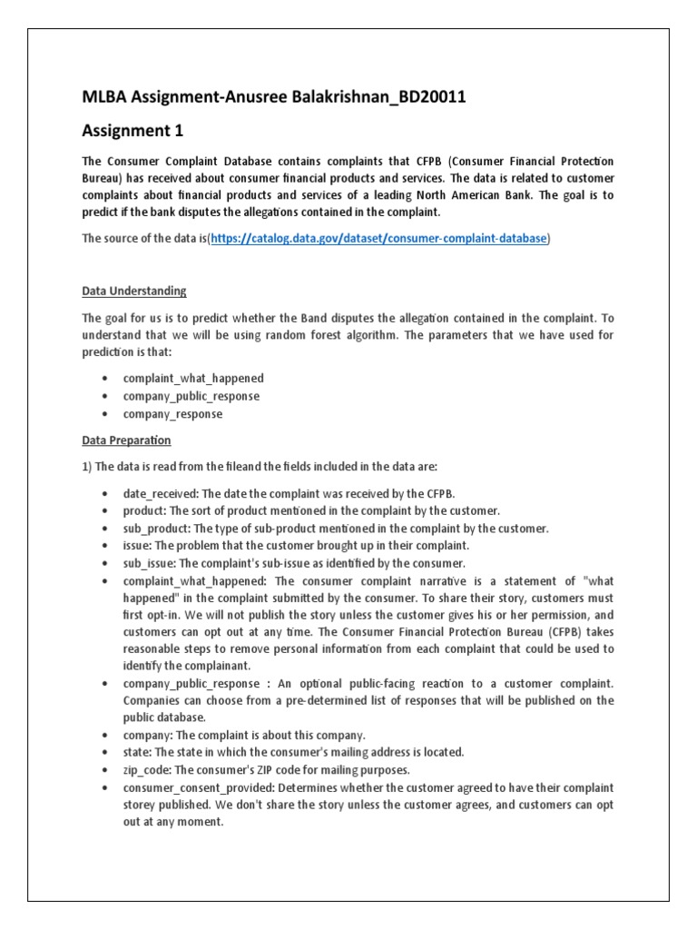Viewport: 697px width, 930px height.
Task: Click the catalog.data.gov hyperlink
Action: [378, 239]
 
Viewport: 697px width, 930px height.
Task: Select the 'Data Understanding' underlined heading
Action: [134, 292]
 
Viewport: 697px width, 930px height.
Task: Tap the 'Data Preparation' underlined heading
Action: [126, 440]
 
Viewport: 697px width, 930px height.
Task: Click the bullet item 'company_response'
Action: [173, 414]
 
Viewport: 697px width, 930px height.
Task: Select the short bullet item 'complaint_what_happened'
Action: [194, 378]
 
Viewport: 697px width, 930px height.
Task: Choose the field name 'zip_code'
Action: [145, 769]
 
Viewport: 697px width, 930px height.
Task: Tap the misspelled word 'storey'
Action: [142, 805]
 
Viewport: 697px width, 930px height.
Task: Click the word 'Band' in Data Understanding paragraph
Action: [297, 318]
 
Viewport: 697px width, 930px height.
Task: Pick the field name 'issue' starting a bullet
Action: [138, 546]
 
